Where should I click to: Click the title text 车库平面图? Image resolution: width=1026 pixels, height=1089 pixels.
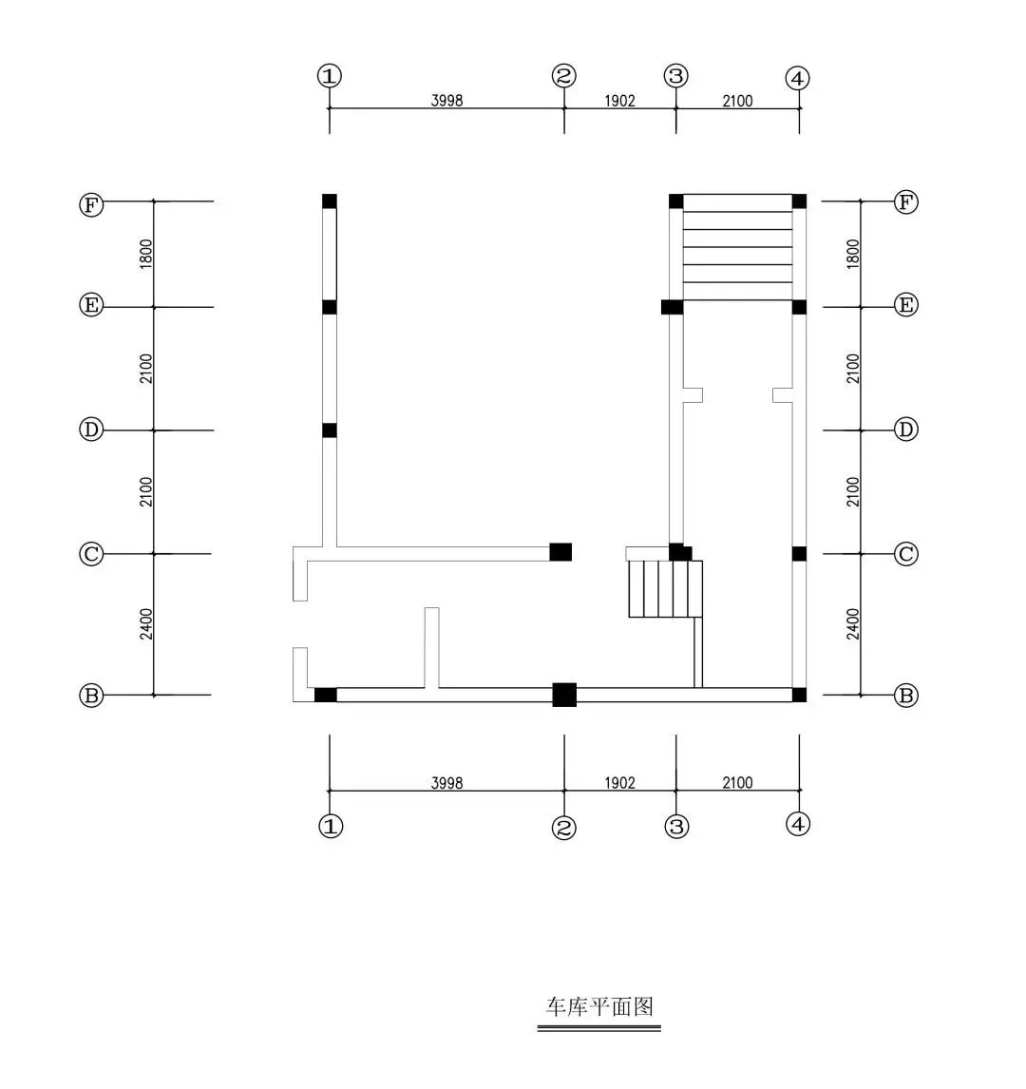[x=599, y=1006]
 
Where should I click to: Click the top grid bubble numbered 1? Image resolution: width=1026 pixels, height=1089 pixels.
[x=330, y=76]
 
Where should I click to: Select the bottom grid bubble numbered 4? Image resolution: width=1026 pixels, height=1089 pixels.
[x=798, y=824]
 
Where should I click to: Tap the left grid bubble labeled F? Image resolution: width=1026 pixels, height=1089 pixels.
[x=90, y=204]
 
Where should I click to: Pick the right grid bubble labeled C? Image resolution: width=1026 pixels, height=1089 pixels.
[x=906, y=554]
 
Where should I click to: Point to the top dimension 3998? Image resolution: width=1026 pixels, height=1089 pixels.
[x=446, y=100]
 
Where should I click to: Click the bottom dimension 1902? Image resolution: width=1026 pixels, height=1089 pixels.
[x=619, y=783]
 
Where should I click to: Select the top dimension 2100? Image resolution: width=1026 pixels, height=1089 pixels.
[x=737, y=100]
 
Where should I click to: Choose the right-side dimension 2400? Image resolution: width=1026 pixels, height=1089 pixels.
[x=853, y=624]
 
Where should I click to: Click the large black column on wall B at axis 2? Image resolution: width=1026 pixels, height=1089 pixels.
[x=564, y=695]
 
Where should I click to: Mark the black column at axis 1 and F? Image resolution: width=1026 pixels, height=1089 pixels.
[x=330, y=201]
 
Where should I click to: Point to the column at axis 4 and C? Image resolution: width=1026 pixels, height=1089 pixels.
[x=799, y=554]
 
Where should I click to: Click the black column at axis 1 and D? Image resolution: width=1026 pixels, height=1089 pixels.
[x=330, y=430]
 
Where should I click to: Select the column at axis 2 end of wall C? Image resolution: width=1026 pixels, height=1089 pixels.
[x=560, y=552]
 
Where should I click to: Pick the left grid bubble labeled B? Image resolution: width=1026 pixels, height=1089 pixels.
[x=90, y=696]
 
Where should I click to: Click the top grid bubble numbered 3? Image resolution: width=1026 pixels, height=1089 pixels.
[x=675, y=76]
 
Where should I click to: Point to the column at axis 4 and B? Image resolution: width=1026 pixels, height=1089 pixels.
[x=799, y=695]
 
